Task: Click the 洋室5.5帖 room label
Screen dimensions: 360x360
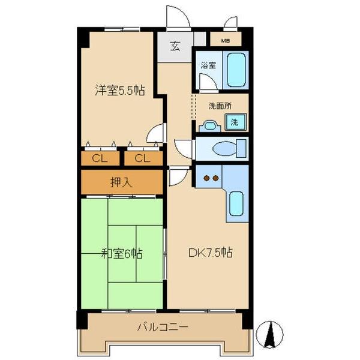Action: (119, 91)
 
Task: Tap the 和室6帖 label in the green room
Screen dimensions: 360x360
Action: (121, 253)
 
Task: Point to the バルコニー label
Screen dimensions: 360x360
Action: (162, 328)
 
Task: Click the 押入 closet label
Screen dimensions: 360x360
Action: (122, 181)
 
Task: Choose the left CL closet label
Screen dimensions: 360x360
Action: (100, 158)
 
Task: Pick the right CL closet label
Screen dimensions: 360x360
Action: (142, 158)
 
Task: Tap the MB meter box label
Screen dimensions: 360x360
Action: (224, 41)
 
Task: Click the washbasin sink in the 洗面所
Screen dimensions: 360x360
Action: (209, 125)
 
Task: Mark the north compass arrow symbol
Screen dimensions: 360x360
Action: (270, 332)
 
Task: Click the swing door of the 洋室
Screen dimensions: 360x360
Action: (157, 132)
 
